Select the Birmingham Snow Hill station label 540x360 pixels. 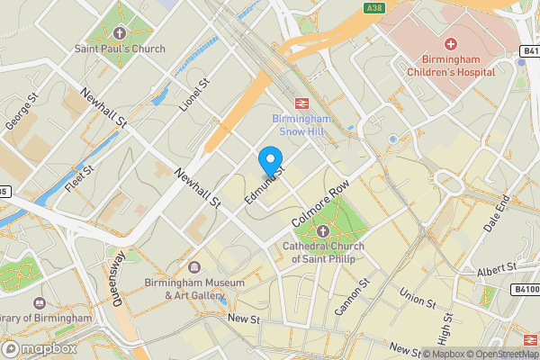[x=303, y=124]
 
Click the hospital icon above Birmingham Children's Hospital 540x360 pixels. [x=450, y=43]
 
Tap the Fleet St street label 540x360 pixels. [x=79, y=180]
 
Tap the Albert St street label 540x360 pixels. [x=497, y=269]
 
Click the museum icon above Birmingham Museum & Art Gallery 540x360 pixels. [x=194, y=267]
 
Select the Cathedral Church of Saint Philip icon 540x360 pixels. [x=323, y=230]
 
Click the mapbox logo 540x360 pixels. [x=39, y=348]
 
